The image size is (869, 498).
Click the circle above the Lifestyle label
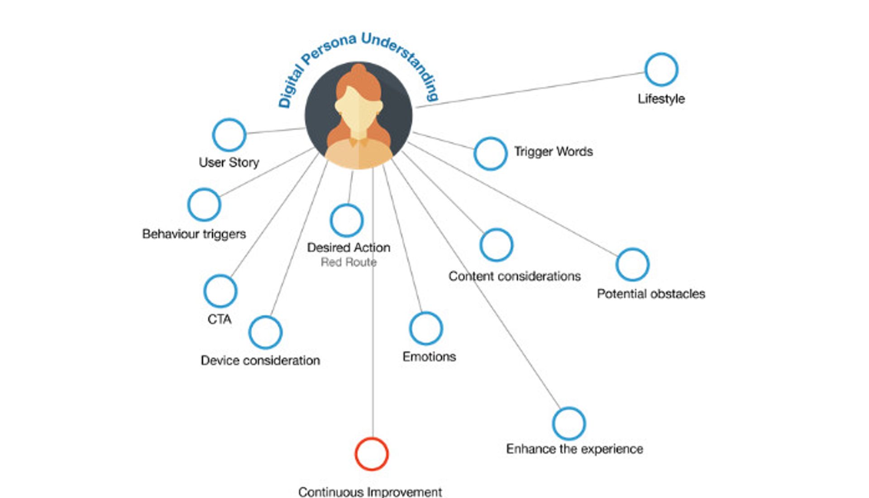tap(661, 70)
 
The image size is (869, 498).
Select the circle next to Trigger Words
tap(490, 154)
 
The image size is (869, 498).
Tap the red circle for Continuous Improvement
tap(372, 454)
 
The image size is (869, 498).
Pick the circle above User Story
tap(229, 135)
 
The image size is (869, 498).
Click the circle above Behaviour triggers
tap(204, 205)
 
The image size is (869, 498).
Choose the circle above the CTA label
tap(220, 291)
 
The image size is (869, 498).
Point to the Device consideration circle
tap(265, 332)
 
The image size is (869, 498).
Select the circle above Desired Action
tap(347, 220)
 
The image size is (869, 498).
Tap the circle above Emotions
tap(426, 329)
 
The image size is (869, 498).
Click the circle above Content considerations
tap(497, 245)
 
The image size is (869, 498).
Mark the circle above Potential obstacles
tap(632, 264)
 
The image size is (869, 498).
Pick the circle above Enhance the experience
tap(569, 424)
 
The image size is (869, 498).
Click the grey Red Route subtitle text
tap(349, 262)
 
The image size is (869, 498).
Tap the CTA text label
tap(220, 319)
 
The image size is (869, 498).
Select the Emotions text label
tap(429, 357)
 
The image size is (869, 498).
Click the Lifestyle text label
tap(661, 99)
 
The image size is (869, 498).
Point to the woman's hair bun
tap(359, 71)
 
